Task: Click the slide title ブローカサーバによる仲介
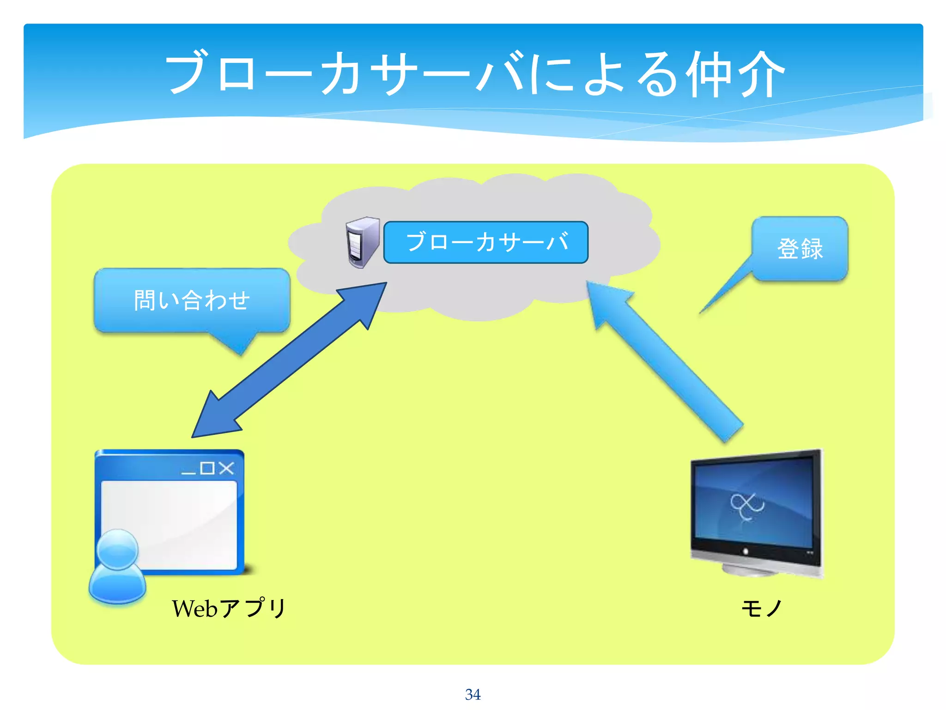click(475, 74)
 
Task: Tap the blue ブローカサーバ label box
click(485, 242)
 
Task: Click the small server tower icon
click(362, 242)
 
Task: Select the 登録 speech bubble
click(800, 249)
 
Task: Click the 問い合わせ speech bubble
click(192, 300)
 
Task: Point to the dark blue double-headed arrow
click(289, 361)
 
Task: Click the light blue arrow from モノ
click(665, 361)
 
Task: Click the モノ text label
click(762, 608)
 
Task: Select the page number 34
click(473, 694)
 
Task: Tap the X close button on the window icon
click(226, 468)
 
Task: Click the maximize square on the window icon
click(207, 468)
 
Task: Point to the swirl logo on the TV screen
click(746, 506)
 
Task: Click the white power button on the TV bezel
click(745, 551)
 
